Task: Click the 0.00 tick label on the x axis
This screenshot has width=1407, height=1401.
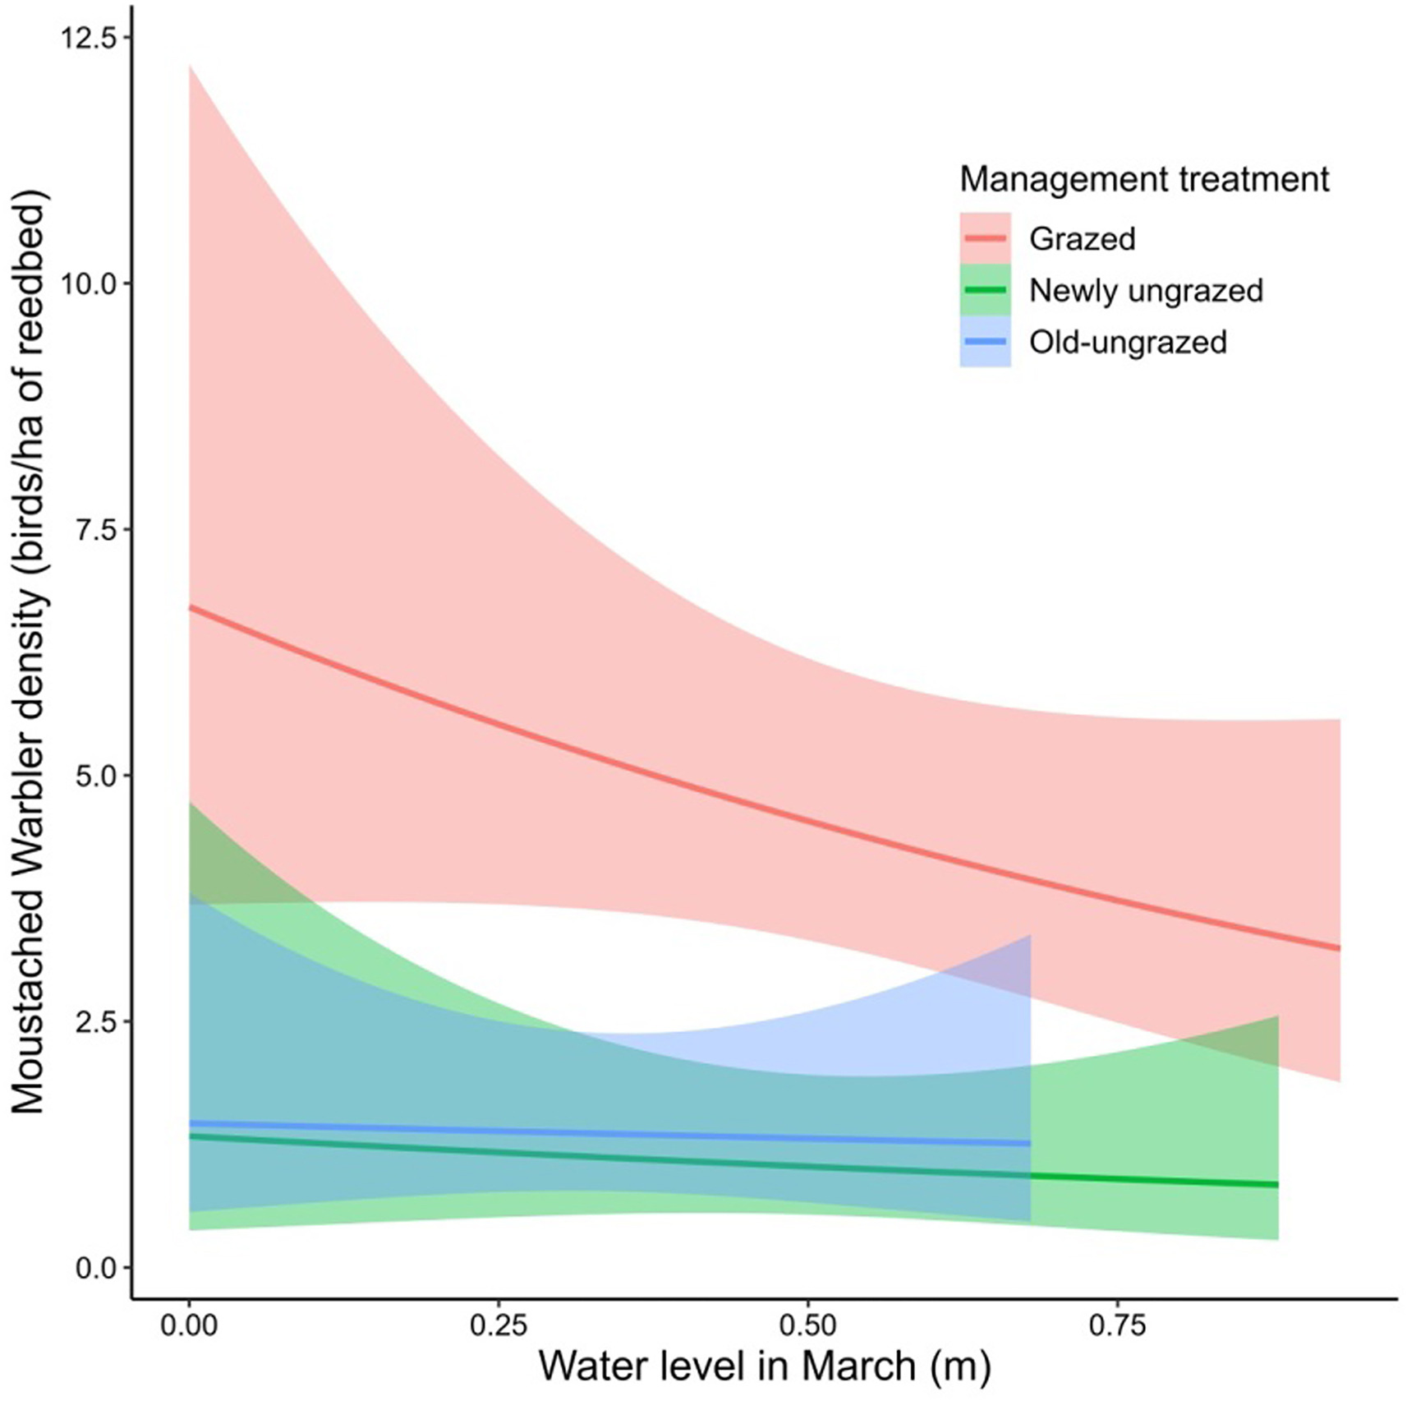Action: (x=189, y=1325)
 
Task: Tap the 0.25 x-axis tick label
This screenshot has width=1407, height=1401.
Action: (x=499, y=1325)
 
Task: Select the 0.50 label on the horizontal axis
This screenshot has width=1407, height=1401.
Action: (x=808, y=1325)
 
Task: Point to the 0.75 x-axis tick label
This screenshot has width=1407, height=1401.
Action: (x=1118, y=1325)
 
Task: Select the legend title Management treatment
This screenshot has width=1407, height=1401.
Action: (x=1144, y=179)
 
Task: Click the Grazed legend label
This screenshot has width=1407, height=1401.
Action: (x=1083, y=239)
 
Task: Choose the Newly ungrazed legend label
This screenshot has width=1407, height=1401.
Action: (x=1146, y=291)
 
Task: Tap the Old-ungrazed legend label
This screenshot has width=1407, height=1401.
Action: (x=1128, y=342)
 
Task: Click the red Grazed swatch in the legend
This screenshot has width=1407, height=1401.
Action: (x=985, y=238)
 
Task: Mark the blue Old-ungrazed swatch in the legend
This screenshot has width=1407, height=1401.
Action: (x=985, y=341)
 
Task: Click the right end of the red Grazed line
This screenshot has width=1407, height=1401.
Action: (x=1339, y=949)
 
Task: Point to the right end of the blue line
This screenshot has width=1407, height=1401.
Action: (x=1028, y=1143)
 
